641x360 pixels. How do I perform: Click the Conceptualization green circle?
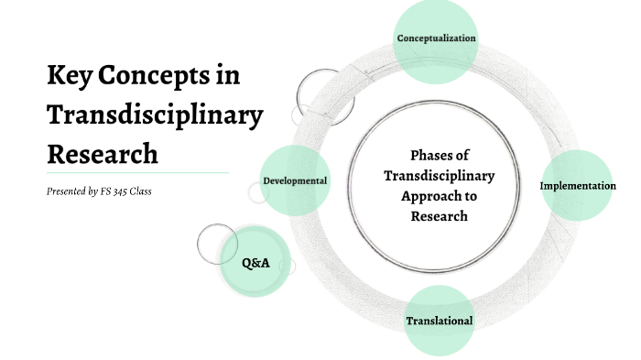click(436, 38)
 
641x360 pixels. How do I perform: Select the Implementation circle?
click(577, 186)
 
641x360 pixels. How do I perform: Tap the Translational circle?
click(440, 321)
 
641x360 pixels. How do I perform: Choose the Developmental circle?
click(295, 180)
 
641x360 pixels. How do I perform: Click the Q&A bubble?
click(255, 263)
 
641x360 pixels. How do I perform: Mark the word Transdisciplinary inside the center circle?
click(440, 175)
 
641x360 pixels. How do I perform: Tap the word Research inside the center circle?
click(440, 216)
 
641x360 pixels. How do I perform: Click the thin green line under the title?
click(137, 172)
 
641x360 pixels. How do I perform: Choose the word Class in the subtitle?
click(142, 191)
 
